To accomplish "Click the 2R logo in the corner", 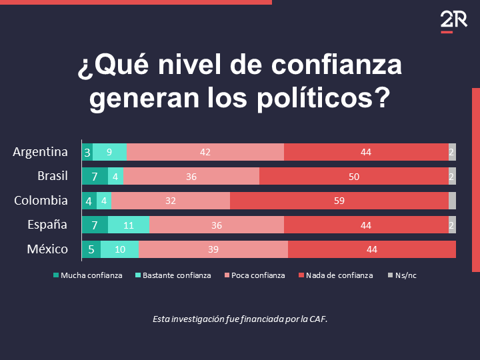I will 446,22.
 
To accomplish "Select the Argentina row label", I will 40,152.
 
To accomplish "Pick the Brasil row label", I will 53,176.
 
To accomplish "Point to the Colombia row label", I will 41,201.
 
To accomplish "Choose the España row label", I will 47,225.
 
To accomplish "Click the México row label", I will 47,249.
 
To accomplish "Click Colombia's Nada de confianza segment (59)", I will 339,201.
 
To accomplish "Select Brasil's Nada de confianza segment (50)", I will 353,177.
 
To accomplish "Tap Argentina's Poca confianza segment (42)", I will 205,152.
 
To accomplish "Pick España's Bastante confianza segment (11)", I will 128,225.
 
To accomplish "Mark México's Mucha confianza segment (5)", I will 91,249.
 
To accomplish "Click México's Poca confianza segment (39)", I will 213,249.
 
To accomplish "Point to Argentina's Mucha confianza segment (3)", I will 87,152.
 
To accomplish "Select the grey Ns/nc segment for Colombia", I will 452,201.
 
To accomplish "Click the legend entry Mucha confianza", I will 87,275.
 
